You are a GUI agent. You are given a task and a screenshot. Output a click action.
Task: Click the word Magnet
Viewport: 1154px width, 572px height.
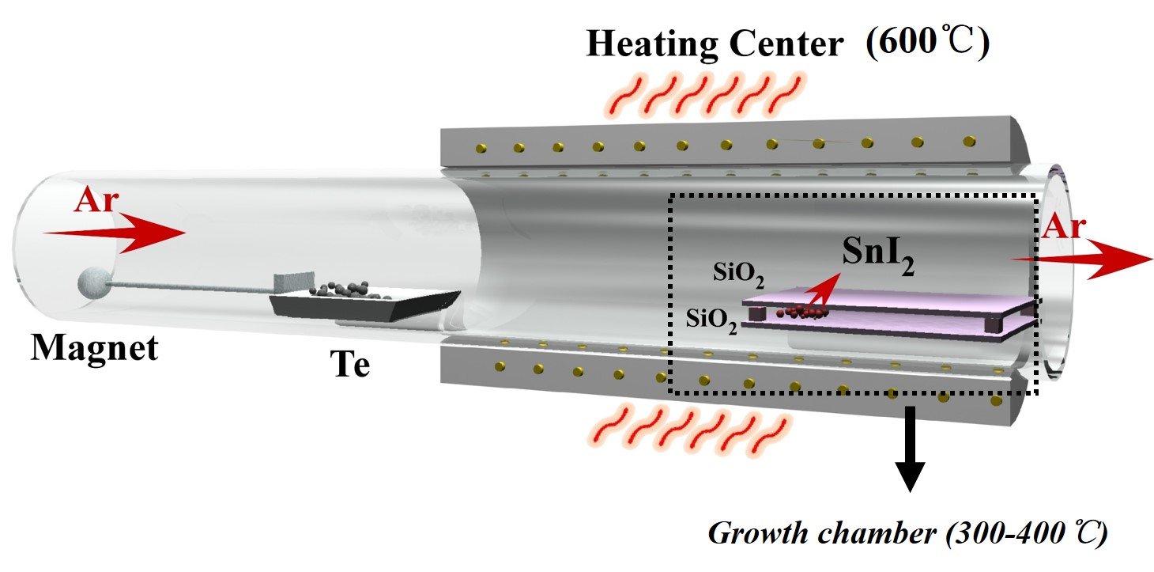click(94, 348)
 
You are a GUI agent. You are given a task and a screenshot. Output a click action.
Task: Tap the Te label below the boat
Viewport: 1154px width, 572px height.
click(349, 366)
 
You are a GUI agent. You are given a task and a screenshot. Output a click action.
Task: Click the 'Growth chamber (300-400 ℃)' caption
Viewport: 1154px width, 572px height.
click(907, 533)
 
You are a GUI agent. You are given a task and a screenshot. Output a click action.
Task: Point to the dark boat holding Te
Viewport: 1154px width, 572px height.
click(364, 304)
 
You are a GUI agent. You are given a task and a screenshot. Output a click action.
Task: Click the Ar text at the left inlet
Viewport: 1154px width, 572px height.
click(96, 203)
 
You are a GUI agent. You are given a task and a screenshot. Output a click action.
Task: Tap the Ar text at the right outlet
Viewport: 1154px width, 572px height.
click(1062, 229)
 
